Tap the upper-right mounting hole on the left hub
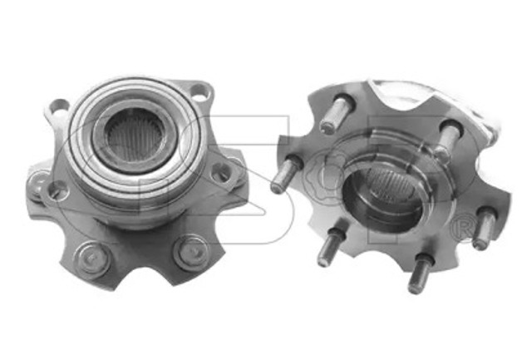(x=199, y=91)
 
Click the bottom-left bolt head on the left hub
(x=92, y=259)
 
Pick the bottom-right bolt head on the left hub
(x=190, y=254)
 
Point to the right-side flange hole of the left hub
(x=219, y=172)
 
